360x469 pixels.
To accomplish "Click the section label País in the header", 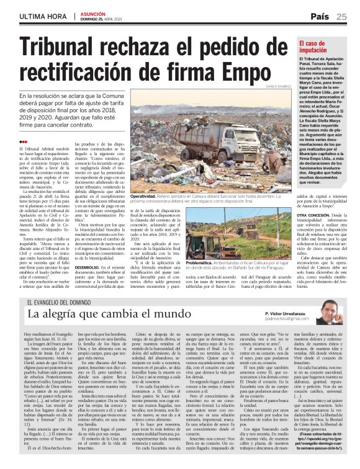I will click(x=320, y=16).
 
